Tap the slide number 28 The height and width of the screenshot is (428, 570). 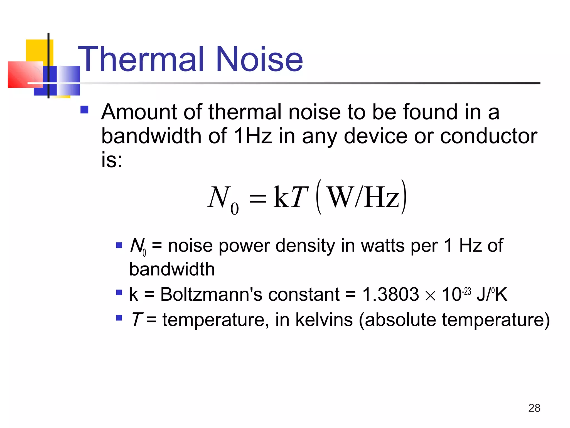(534, 408)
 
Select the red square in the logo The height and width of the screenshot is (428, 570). (25, 74)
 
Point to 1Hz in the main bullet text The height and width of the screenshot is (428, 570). (253, 136)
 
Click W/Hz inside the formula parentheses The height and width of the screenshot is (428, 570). (363, 197)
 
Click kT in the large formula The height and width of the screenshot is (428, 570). (291, 197)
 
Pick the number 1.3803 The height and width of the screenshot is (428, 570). (390, 294)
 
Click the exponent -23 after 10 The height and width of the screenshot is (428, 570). (467, 291)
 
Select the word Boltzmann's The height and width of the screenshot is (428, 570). (211, 294)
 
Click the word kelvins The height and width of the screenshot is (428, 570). (324, 320)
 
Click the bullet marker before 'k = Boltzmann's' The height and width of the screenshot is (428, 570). (119, 293)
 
